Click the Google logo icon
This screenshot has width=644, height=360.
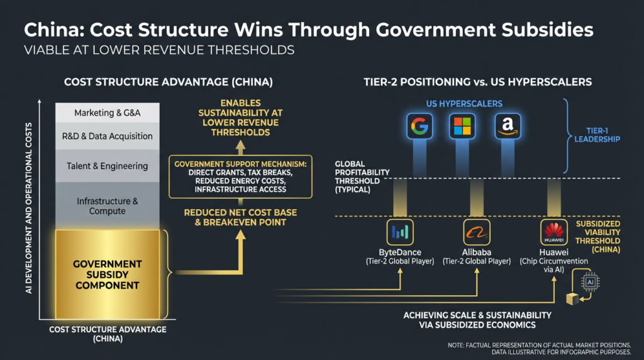click(x=419, y=127)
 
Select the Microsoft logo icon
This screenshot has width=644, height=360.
click(x=462, y=127)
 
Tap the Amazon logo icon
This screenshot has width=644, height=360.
click(x=507, y=127)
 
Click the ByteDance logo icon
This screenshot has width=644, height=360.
click(x=399, y=232)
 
